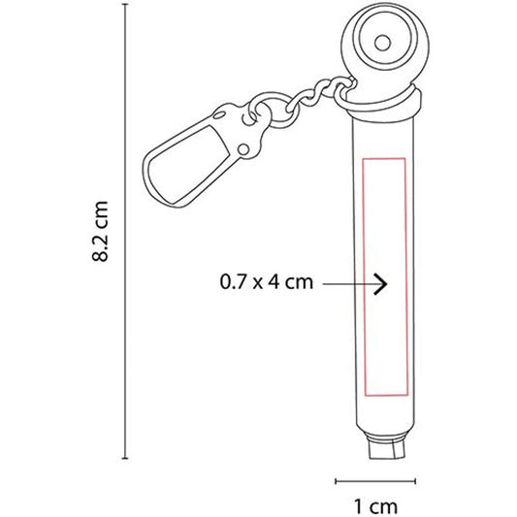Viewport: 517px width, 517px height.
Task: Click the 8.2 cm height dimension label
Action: click(100, 231)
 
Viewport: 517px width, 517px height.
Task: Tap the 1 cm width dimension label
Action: click(375, 506)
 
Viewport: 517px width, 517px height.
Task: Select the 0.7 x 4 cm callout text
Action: click(266, 282)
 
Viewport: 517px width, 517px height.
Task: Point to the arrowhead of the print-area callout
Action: click(381, 283)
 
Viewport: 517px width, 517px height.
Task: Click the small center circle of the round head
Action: click(382, 43)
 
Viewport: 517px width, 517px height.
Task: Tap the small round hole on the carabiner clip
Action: click(243, 149)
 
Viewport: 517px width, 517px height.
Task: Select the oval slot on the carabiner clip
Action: click(219, 115)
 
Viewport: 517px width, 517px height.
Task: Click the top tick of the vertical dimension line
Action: click(125, 5)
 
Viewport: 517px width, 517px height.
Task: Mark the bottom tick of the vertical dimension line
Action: click(125, 458)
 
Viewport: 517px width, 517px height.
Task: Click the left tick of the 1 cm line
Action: click(336, 481)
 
